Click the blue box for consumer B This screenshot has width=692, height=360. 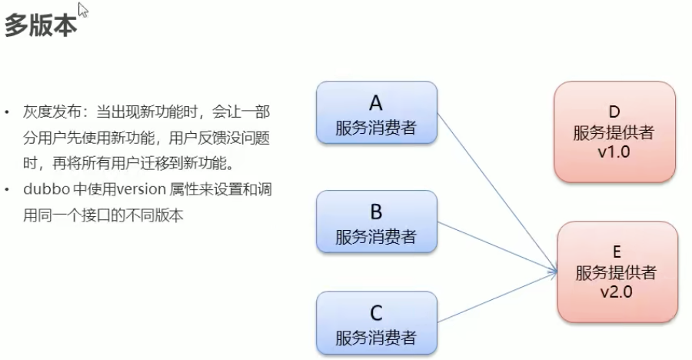click(376, 222)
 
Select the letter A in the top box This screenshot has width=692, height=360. click(376, 102)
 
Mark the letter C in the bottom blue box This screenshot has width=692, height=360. click(376, 312)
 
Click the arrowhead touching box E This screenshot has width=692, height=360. click(554, 270)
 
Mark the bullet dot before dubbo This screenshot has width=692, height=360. click(8, 188)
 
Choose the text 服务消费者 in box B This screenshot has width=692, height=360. click(376, 236)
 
